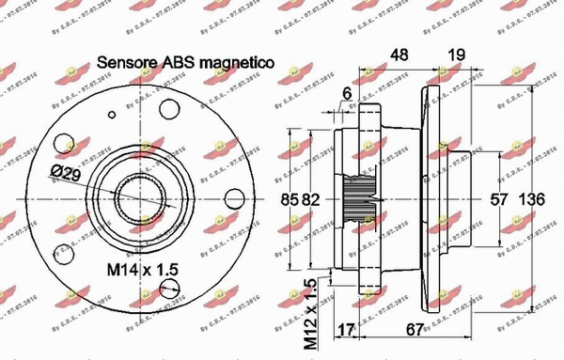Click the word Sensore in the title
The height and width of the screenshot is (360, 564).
click(128, 63)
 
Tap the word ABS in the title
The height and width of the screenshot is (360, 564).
click(180, 63)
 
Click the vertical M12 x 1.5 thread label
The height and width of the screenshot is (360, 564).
click(310, 315)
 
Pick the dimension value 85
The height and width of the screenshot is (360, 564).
click(291, 199)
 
